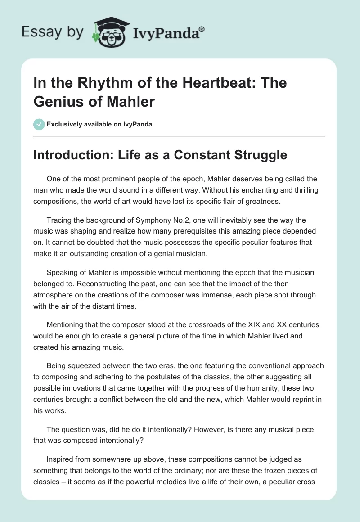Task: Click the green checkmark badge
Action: point(39,124)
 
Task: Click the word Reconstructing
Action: point(86,283)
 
